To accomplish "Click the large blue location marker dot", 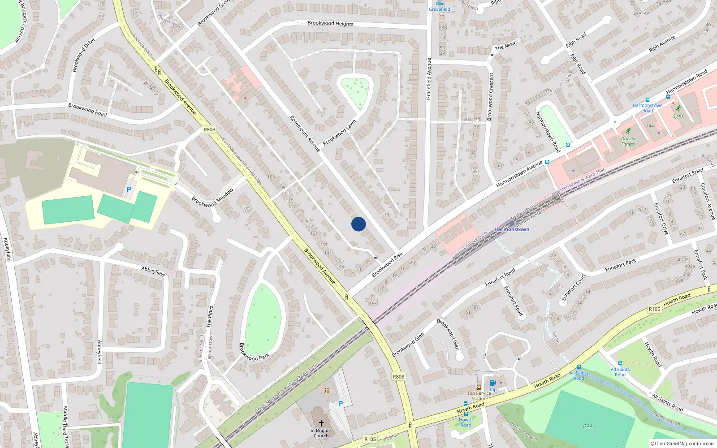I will (358, 224).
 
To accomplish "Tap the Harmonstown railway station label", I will (512, 229).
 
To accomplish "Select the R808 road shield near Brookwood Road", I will (209, 129).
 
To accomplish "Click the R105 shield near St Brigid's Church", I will (370, 439).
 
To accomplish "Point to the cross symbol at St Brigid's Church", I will (321, 423).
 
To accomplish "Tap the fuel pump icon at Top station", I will (492, 383).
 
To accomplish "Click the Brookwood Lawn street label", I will (339, 133).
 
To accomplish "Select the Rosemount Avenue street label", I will (305, 134).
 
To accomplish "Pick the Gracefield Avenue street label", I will (429, 79).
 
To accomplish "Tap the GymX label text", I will (678, 116).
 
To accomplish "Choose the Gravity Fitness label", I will (628, 141).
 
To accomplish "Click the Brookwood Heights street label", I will (330, 23).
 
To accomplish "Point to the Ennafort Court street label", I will (574, 287).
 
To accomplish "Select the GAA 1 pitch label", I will (590, 426).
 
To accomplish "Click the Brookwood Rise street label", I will (387, 264).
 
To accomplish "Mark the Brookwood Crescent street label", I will (490, 97).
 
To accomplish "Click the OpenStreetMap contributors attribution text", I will (682, 444).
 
